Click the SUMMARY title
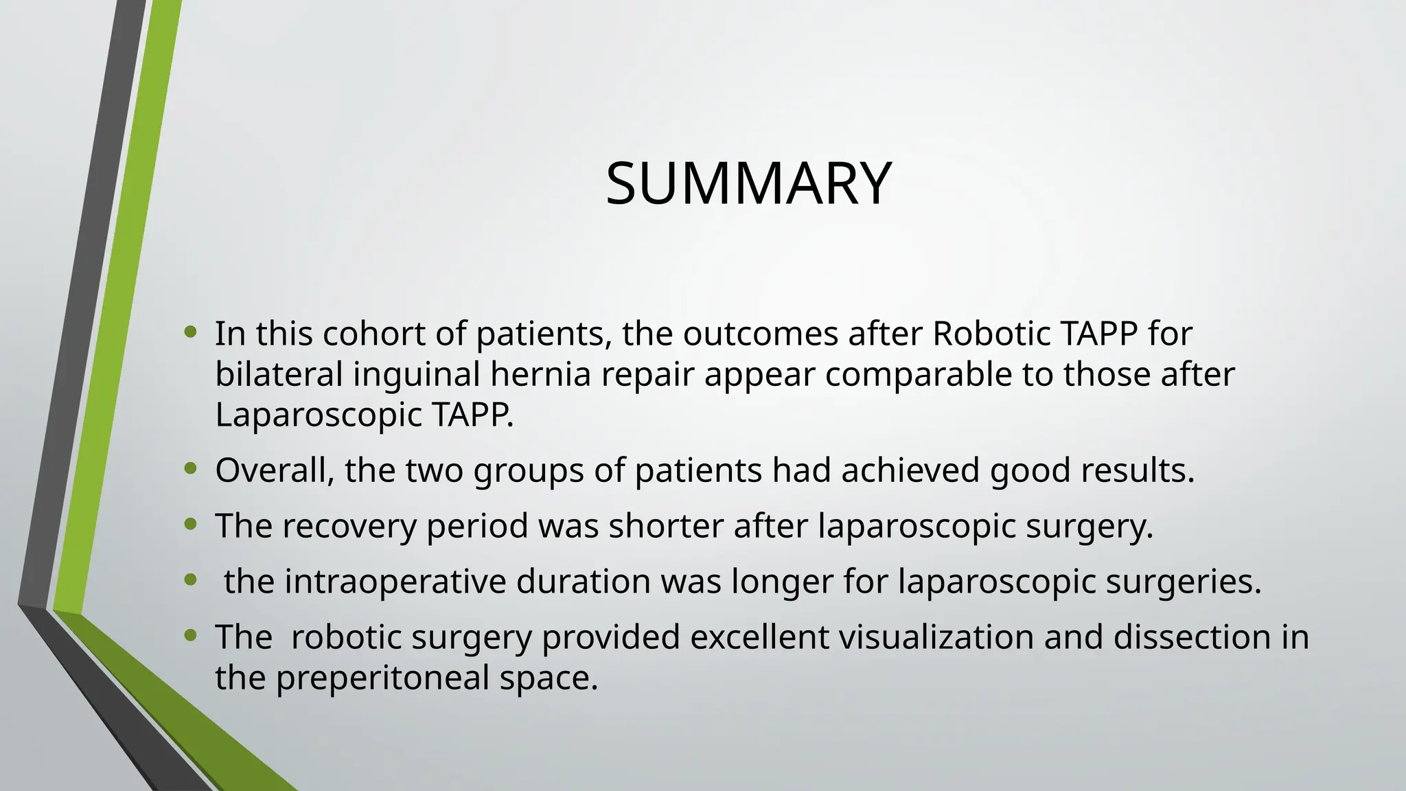pyautogui.click(x=748, y=183)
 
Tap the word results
pyautogui.click(x=1138, y=471)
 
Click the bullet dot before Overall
pyautogui.click(x=191, y=469)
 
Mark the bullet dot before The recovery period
pyautogui.click(x=191, y=525)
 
